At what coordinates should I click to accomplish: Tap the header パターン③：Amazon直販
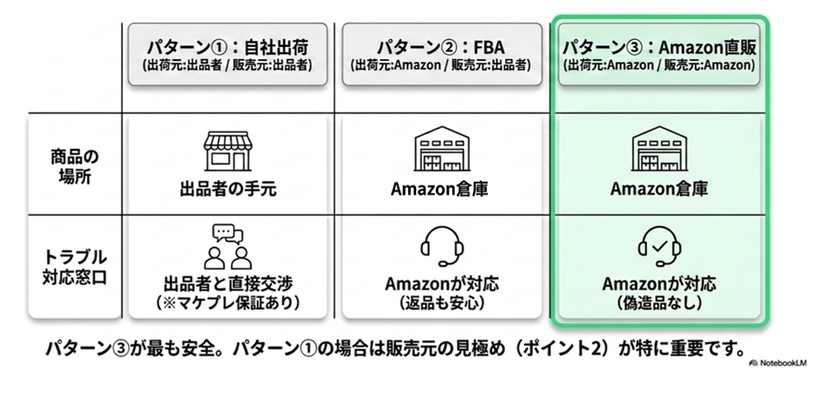(x=659, y=46)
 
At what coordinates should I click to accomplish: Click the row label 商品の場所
(x=74, y=166)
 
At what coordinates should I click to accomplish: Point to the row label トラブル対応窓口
(x=74, y=266)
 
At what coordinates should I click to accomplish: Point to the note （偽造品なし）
(x=659, y=303)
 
